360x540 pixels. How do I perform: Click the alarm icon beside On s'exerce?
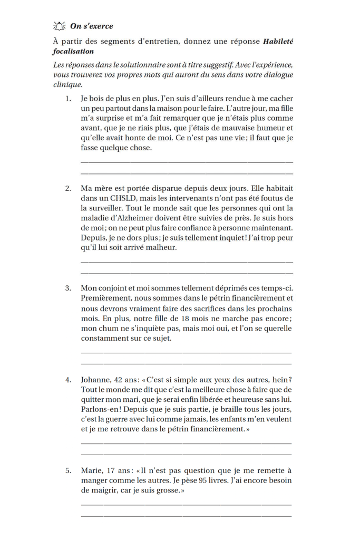pos(59,26)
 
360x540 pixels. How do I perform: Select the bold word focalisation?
pos(73,51)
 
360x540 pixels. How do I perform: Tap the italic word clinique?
pos(68,84)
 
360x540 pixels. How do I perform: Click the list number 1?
pos(67,99)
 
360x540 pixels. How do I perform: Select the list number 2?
pos(67,188)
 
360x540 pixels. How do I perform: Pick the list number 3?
pos(67,288)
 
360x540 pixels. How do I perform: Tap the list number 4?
pos(67,380)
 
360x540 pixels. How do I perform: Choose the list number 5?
pos(67,470)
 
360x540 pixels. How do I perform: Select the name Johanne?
pos(95,380)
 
